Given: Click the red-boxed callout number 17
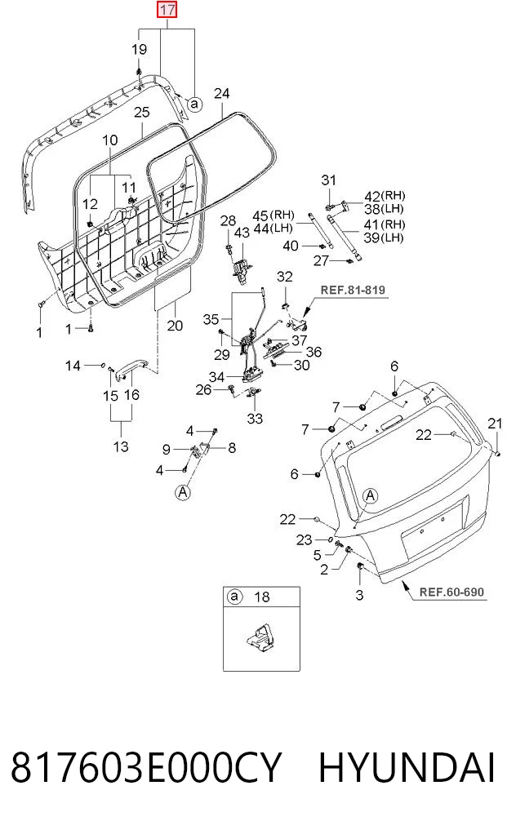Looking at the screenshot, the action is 167,10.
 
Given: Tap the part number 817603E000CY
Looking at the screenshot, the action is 145,767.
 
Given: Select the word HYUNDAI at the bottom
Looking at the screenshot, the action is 407,767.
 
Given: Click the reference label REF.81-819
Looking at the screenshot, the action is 353,290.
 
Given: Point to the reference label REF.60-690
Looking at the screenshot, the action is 452,591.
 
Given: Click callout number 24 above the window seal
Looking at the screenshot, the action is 221,93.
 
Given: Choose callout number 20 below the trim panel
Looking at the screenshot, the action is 175,325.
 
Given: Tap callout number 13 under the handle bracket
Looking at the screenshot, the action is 121,446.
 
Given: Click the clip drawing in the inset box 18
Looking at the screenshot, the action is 260,637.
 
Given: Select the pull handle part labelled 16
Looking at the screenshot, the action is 132,367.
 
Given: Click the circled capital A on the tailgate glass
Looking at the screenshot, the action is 371,496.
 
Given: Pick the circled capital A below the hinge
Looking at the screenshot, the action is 183,492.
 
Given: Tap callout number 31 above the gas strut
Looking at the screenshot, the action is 328,180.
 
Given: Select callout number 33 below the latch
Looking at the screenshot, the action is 255,418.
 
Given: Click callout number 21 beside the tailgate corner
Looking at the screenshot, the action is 495,423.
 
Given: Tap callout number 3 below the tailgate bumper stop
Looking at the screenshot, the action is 359,594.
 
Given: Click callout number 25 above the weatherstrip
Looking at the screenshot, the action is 141,113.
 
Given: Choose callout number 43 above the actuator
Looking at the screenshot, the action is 242,233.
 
